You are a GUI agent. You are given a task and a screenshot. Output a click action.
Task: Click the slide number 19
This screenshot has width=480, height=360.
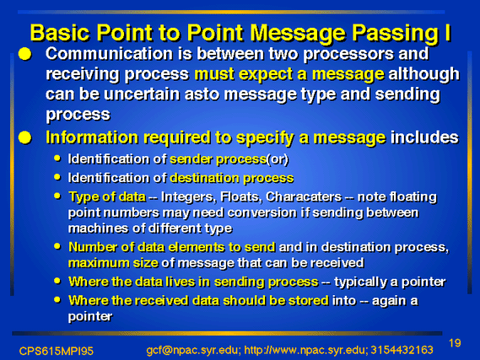coord(455,343)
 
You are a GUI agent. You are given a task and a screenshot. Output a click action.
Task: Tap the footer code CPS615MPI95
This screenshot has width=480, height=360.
coord(56,351)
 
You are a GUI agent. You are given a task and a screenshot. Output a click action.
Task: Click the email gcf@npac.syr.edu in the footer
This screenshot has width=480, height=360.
coord(192,350)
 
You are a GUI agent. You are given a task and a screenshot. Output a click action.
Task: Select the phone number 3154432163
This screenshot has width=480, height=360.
coord(402,350)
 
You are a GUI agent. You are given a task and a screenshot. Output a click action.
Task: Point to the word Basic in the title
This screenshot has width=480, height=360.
coord(60,32)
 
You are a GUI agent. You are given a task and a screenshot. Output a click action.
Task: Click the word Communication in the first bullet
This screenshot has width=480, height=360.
coord(109,53)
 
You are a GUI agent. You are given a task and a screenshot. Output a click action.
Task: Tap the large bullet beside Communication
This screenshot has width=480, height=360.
coord(24,54)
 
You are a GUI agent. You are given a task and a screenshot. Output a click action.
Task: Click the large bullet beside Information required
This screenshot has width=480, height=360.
coord(24,137)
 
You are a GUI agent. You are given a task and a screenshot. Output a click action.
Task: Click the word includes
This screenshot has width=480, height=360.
coord(424,137)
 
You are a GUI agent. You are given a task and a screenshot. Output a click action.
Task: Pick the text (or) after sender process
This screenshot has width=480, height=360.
coord(278,159)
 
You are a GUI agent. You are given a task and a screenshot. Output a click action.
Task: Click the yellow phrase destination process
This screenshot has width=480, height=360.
coord(232,179)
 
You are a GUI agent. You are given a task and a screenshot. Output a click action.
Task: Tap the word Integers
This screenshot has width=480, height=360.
coord(186,197)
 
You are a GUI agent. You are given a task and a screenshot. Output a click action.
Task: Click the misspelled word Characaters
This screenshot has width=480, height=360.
coord(304,196)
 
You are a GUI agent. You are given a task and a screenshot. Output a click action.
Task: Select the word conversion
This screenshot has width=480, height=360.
coord(262,212)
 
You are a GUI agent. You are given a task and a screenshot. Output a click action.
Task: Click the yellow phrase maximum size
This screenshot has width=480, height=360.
coord(113,263)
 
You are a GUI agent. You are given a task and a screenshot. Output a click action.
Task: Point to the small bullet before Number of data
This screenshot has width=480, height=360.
coord(57,246)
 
